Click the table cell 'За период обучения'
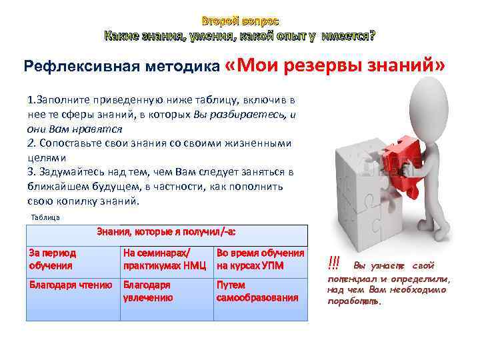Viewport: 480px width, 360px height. (71, 259)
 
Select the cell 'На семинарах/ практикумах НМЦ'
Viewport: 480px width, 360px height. (166, 259)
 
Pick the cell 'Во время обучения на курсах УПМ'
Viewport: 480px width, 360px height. (260, 259)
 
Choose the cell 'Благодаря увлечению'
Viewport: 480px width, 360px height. (166, 291)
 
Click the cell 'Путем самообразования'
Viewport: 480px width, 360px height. (260, 291)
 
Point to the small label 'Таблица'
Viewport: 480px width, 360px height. (46, 217)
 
